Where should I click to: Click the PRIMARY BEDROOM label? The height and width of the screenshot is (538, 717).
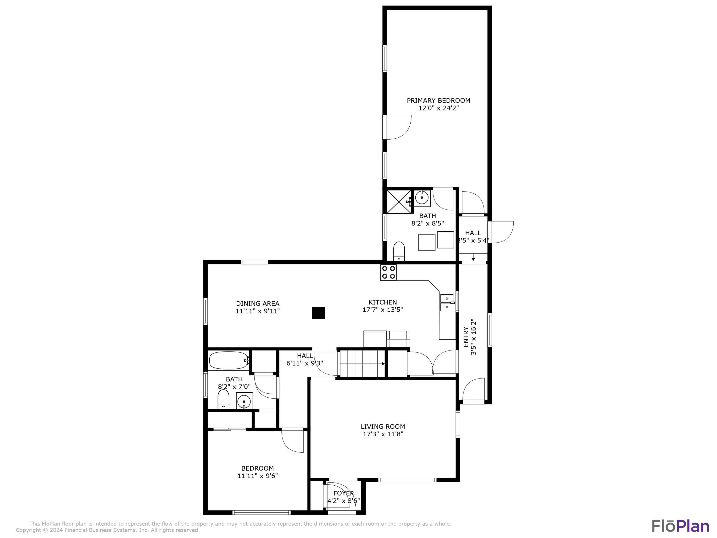pos(438,100)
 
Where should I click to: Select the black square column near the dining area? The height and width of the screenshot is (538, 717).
pos(318,313)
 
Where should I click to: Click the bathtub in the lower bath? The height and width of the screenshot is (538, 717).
pos(228,360)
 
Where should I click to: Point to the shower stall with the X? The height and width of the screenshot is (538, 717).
pos(399,202)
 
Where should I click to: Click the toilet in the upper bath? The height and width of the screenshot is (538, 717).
pos(399,251)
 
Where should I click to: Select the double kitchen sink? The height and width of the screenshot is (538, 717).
pos(446,302)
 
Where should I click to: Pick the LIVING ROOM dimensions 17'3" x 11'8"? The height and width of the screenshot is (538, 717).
pos(383,434)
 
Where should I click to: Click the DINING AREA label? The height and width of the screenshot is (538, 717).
pos(257,303)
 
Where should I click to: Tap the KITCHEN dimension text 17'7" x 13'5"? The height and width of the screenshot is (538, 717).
pos(382,310)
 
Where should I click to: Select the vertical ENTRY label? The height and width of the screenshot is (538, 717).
pos(466,337)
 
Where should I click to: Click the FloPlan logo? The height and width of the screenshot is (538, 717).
pos(680,526)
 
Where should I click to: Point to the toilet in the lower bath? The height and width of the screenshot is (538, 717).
pos(223,400)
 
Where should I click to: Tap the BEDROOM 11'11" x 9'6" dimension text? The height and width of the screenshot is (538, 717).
pos(257,476)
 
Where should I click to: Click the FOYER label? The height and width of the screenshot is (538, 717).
pos(344,493)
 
